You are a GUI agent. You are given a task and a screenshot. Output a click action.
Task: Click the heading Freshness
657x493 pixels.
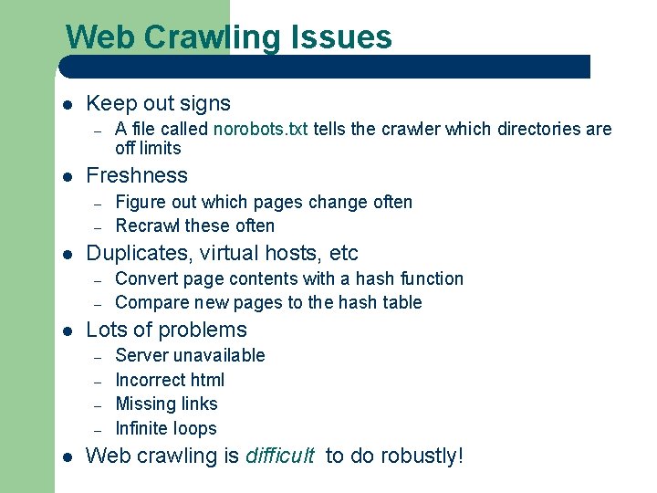click(136, 175)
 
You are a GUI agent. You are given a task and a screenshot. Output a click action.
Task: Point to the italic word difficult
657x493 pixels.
click(280, 456)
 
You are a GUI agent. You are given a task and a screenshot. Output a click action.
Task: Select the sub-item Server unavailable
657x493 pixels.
click(190, 355)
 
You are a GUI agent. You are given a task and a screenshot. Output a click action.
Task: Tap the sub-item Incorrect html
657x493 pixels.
click(170, 380)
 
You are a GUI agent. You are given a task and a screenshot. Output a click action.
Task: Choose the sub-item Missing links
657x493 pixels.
click(166, 404)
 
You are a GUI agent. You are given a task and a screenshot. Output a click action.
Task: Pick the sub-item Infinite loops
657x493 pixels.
click(166, 428)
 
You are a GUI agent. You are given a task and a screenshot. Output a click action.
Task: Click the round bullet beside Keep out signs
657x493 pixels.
click(67, 105)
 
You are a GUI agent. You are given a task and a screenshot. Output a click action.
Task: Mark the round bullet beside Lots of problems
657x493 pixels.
click(67, 331)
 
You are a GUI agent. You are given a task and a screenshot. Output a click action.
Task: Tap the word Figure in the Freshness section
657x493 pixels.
click(139, 202)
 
